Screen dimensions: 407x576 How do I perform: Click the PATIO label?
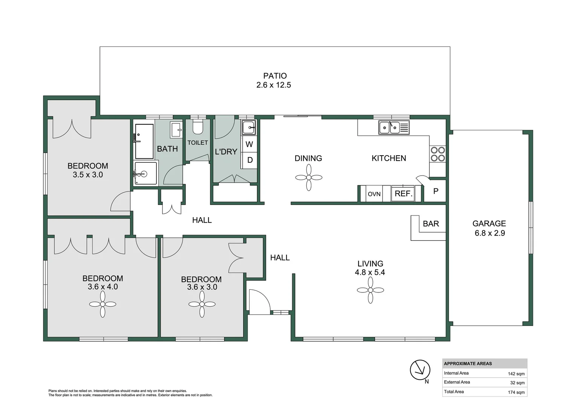(x=275, y=76)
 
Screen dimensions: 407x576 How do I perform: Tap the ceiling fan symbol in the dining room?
(x=309, y=177)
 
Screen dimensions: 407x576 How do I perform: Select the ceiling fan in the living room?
(x=370, y=290)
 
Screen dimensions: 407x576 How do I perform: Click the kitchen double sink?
(x=394, y=128)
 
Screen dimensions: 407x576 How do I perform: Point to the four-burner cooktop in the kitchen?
(x=437, y=154)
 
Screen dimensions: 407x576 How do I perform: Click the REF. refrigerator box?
(x=403, y=194)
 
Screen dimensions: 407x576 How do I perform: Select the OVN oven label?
(x=374, y=194)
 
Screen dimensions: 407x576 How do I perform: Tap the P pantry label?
(x=435, y=191)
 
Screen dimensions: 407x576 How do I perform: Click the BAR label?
(x=431, y=224)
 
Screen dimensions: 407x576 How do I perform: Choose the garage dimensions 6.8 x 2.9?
(x=489, y=233)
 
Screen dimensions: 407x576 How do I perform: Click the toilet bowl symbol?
(x=198, y=127)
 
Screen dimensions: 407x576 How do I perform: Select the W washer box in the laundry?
(x=249, y=144)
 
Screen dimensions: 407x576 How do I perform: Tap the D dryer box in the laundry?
(x=250, y=160)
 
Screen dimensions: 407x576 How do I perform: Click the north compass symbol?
(x=420, y=370)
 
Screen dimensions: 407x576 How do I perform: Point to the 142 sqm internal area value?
(x=516, y=374)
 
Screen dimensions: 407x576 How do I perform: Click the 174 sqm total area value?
(x=516, y=392)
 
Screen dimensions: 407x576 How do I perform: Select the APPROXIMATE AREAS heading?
(x=468, y=364)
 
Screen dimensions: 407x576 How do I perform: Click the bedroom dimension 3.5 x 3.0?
(x=88, y=175)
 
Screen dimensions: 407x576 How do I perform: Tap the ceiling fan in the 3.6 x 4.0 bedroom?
(x=103, y=304)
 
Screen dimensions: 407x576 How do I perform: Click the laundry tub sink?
(x=248, y=128)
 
